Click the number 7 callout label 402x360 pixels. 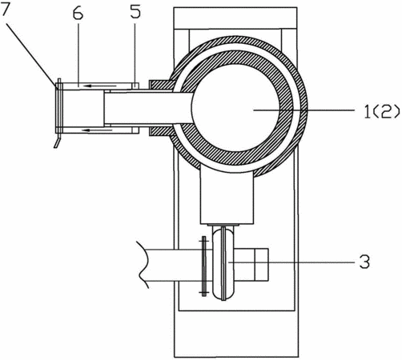coord(6,10)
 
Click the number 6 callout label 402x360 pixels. coord(78,14)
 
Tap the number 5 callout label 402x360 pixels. coord(135,12)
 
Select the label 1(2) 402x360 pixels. coord(382,111)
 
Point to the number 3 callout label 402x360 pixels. coord(364,262)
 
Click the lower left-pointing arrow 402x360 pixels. coord(97,130)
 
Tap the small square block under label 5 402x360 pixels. coord(135,86)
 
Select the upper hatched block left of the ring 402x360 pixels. coord(162,85)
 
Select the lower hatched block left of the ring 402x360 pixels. coord(162,132)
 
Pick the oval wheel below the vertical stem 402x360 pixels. coord(223,263)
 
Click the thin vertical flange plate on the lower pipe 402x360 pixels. coord(204,266)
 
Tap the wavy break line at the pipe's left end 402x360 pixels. coord(143,265)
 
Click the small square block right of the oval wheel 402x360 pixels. coord(261,264)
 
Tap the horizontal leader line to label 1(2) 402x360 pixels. coord(304,110)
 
